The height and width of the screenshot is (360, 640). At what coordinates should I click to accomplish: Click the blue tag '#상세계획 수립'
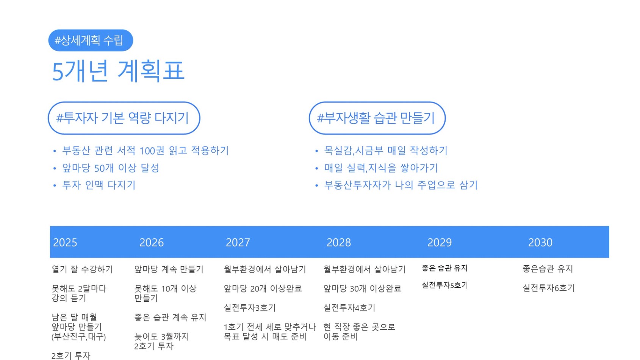[91, 40]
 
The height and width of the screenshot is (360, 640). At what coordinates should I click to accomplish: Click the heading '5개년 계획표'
[118, 71]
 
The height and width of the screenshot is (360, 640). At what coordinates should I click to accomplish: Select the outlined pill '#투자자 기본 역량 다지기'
[124, 118]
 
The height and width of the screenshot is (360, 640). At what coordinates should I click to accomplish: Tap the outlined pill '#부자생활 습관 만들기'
[377, 118]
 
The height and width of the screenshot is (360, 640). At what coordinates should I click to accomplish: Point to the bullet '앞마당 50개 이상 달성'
[111, 168]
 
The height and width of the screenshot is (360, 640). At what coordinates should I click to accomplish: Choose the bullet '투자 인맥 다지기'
[99, 185]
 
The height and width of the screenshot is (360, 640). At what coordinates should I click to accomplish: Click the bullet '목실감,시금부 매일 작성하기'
[386, 150]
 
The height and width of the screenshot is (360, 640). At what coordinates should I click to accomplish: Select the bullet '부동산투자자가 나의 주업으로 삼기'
[401, 185]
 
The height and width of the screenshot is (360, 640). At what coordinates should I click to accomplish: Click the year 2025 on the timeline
[65, 243]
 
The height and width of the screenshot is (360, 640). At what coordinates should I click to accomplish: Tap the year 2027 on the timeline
[238, 243]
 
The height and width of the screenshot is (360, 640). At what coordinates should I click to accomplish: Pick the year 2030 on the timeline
[540, 243]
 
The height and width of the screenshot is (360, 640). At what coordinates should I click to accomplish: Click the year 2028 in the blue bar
[339, 243]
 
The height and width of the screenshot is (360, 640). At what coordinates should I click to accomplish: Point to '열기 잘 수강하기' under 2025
[82, 269]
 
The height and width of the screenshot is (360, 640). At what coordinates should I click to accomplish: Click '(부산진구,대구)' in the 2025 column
[78, 337]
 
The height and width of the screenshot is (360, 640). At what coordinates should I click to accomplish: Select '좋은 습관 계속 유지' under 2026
[170, 317]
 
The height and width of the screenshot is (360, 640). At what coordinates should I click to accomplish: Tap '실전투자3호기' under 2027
[250, 308]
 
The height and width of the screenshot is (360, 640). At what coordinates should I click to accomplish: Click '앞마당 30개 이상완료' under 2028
[362, 289]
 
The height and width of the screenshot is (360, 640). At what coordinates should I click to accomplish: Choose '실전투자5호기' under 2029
[445, 285]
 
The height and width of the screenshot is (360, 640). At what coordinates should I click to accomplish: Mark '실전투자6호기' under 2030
[549, 288]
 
